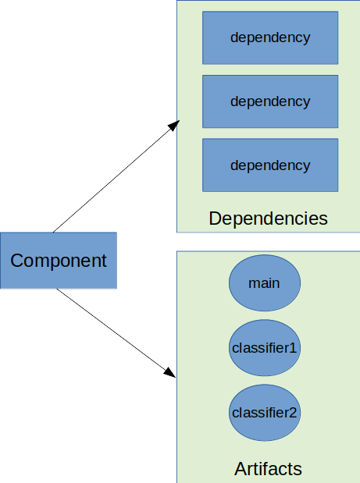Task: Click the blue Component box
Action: click(58, 261)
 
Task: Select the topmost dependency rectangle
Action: click(270, 37)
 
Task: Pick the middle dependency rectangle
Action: click(270, 101)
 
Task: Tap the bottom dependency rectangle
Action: click(270, 165)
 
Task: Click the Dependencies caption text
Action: click(268, 218)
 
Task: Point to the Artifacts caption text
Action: click(268, 469)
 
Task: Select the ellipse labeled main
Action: click(264, 282)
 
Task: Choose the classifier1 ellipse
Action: click(264, 347)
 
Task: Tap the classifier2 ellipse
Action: click(264, 412)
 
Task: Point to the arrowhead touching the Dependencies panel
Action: click(174, 126)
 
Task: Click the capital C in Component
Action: click(16, 261)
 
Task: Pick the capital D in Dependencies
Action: click(215, 218)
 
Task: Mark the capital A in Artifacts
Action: click(241, 469)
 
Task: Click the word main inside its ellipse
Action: click(264, 282)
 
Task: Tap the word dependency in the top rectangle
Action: click(270, 37)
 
